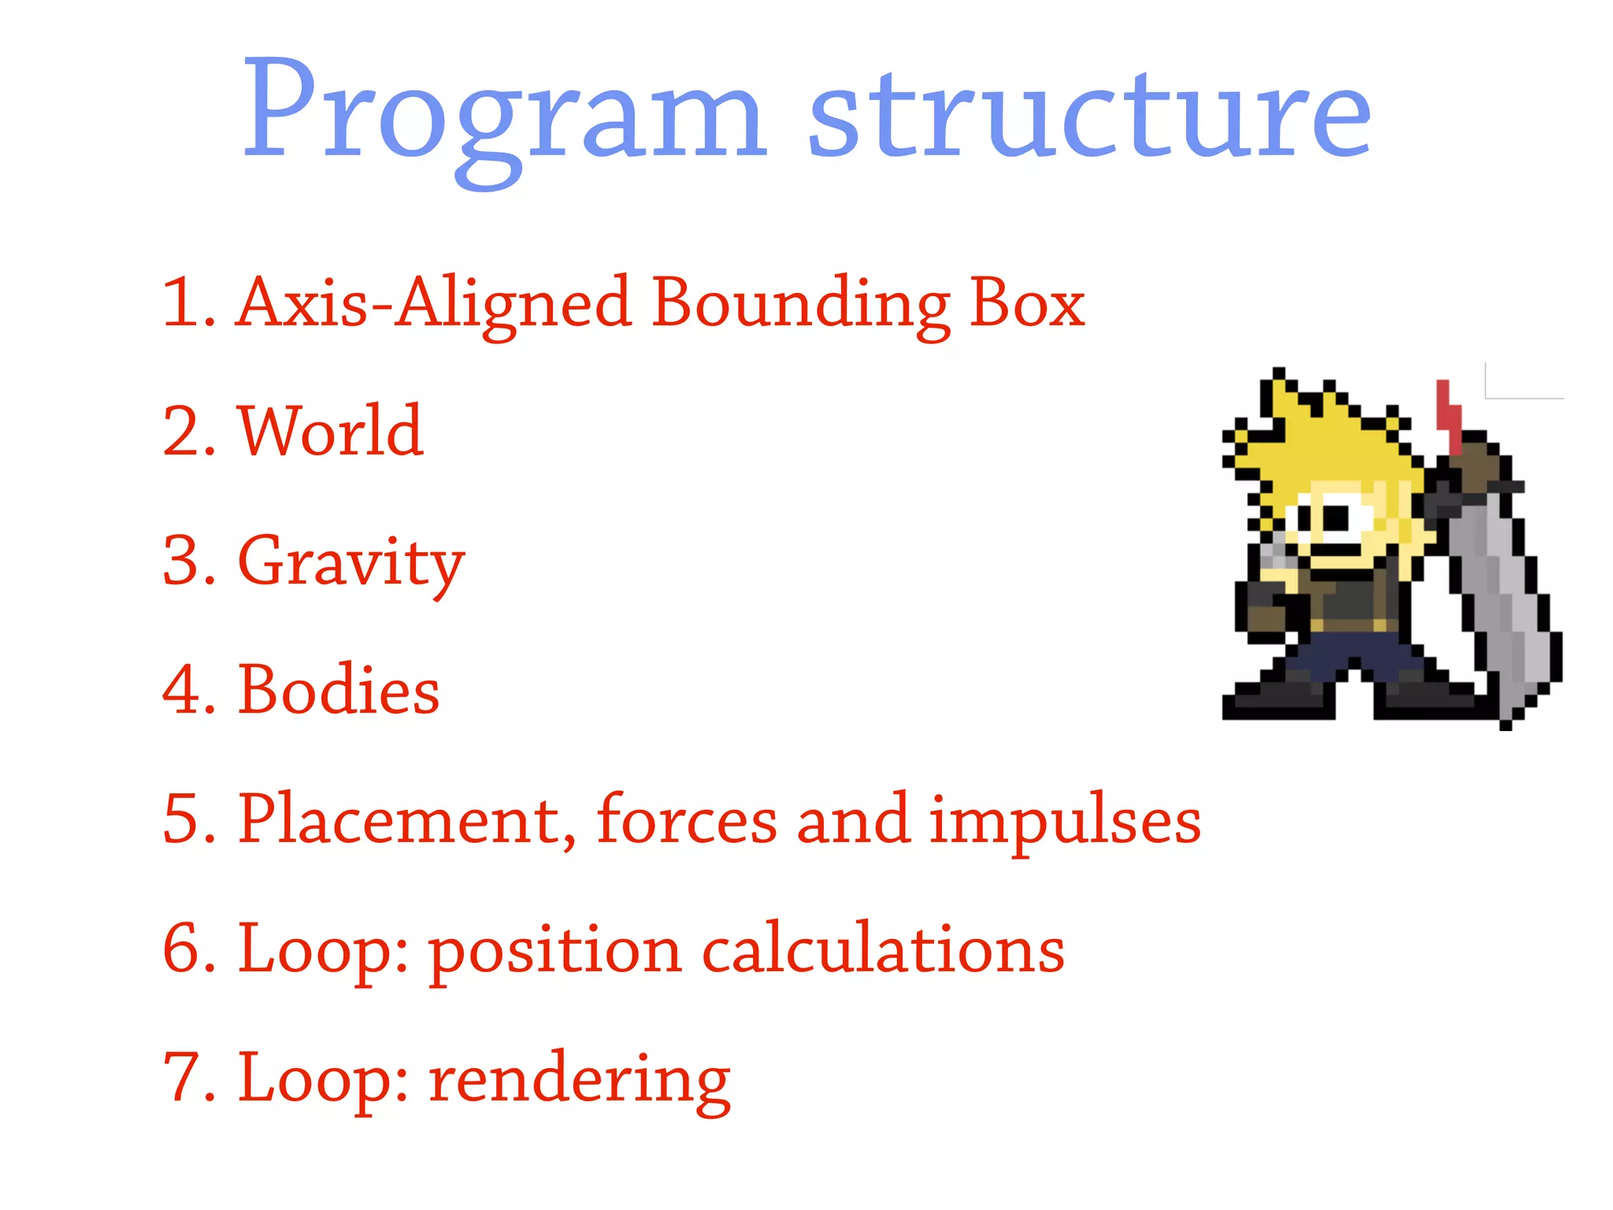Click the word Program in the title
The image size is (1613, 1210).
click(504, 114)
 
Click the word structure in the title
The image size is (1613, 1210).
click(1091, 114)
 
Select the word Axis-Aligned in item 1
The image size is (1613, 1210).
click(433, 303)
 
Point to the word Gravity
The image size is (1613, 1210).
click(350, 561)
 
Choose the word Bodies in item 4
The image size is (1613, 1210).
click(339, 690)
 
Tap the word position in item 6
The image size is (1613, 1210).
click(555, 950)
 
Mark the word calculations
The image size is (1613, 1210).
click(882, 948)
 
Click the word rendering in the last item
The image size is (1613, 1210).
click(580, 1079)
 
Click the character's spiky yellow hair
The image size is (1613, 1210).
click(1331, 441)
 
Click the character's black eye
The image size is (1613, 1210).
click(1337, 518)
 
